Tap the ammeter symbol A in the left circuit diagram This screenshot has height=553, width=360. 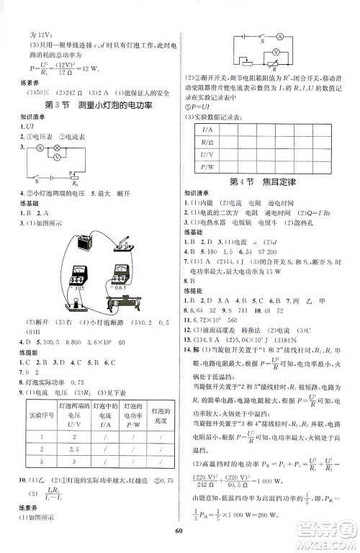coord(31,145)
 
